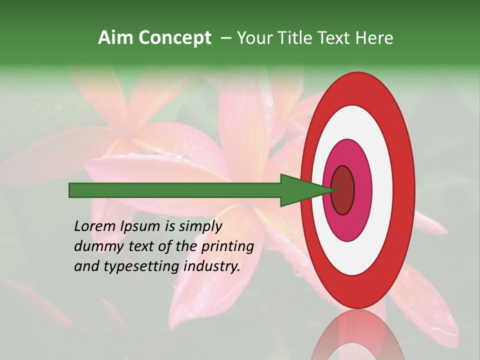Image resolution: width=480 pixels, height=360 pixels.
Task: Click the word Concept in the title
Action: (x=175, y=38)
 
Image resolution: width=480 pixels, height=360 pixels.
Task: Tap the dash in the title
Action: (x=225, y=38)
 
